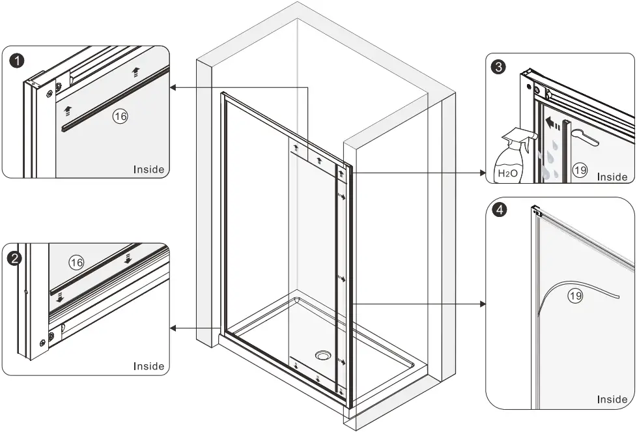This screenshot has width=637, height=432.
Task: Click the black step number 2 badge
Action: pos(14,258)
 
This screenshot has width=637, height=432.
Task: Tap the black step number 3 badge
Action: pos(498,67)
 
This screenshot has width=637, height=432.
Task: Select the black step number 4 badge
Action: pos(498,210)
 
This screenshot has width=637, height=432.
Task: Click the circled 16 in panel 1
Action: pos(120,116)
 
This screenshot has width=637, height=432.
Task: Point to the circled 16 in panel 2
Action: pos(77,262)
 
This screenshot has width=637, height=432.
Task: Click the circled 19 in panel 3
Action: pos(580,171)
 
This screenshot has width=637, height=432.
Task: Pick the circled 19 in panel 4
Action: pos(574,295)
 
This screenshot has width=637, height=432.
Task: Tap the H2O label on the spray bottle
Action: pos(508,173)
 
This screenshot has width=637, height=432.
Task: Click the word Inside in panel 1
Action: pos(149,169)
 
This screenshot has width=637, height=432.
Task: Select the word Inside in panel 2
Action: pos(149,366)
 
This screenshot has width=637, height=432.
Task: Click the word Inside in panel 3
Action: pos(612,177)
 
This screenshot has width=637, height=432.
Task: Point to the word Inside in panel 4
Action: pos(612,399)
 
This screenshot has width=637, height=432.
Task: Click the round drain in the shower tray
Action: pos(323,355)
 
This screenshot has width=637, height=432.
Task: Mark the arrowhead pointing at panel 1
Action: pos(173,87)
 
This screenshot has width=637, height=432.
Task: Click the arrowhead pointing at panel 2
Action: pos(173,330)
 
